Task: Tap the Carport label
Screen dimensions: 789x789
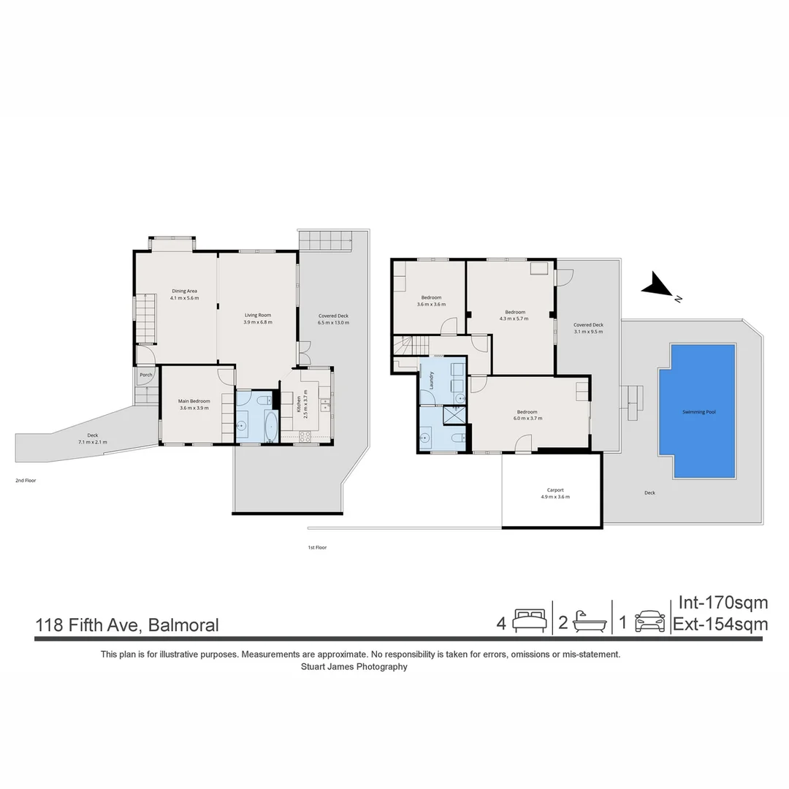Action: click(555, 490)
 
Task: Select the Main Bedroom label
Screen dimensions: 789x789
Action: click(194, 401)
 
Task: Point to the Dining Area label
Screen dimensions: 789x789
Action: click(184, 291)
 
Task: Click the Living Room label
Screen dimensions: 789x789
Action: click(257, 315)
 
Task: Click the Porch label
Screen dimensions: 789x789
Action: click(146, 375)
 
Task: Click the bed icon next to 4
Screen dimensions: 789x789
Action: click(530, 622)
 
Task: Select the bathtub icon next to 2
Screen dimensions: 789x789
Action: click(589, 622)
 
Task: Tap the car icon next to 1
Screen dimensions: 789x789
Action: click(649, 622)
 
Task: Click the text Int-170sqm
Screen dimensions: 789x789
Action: click(723, 603)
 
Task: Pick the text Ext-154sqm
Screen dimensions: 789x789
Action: click(720, 625)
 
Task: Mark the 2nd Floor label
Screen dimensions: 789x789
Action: click(26, 481)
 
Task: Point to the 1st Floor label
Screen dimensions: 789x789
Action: click(317, 547)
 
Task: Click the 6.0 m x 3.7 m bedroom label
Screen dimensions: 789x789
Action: click(527, 415)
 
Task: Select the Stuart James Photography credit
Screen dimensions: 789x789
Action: click(354, 667)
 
